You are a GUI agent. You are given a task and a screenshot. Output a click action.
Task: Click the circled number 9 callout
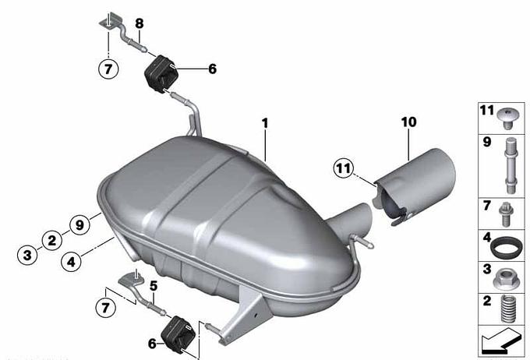coord(79,224)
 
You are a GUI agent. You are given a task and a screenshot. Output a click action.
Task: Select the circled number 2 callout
coord(52,240)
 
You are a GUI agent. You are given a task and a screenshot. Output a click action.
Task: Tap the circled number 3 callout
coord(27,255)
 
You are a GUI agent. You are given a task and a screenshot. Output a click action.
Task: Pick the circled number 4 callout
coord(71,261)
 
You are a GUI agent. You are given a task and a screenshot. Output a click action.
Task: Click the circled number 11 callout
coord(344,168)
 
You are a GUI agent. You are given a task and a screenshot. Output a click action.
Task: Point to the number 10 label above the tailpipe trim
coord(408,122)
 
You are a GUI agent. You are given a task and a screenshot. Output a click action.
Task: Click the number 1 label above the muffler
coord(265,123)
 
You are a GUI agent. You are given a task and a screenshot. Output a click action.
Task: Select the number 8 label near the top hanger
coord(140,23)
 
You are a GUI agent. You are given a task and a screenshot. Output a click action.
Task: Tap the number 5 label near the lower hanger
coord(154,286)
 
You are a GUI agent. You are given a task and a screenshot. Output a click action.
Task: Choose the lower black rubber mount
coord(178,333)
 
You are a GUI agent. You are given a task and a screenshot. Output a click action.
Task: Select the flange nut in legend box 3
coord(505,279)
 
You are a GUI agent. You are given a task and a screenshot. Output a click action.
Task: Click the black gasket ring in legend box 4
coord(505,248)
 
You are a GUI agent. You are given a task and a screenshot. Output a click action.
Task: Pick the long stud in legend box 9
coord(510,166)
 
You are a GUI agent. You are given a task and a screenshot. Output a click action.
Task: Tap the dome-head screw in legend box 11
coord(508,118)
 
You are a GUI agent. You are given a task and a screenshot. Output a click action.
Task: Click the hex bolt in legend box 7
coord(506,214)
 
